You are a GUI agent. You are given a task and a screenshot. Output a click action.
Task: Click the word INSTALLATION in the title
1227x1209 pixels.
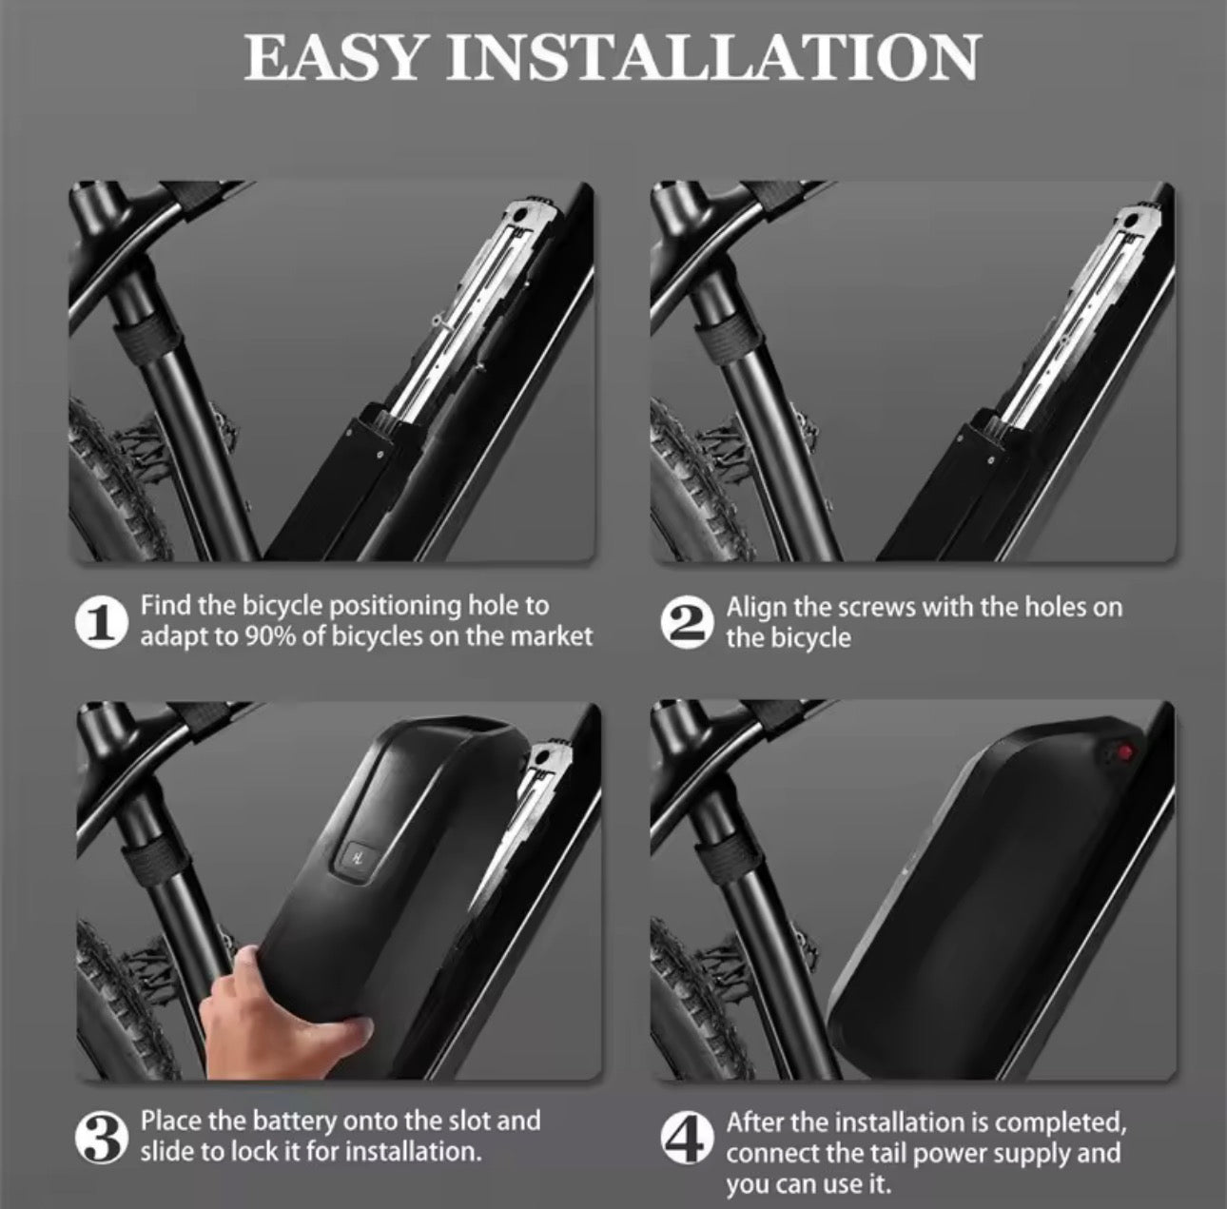click(x=712, y=59)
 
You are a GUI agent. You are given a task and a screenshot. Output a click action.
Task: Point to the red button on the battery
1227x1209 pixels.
click(x=1125, y=754)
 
